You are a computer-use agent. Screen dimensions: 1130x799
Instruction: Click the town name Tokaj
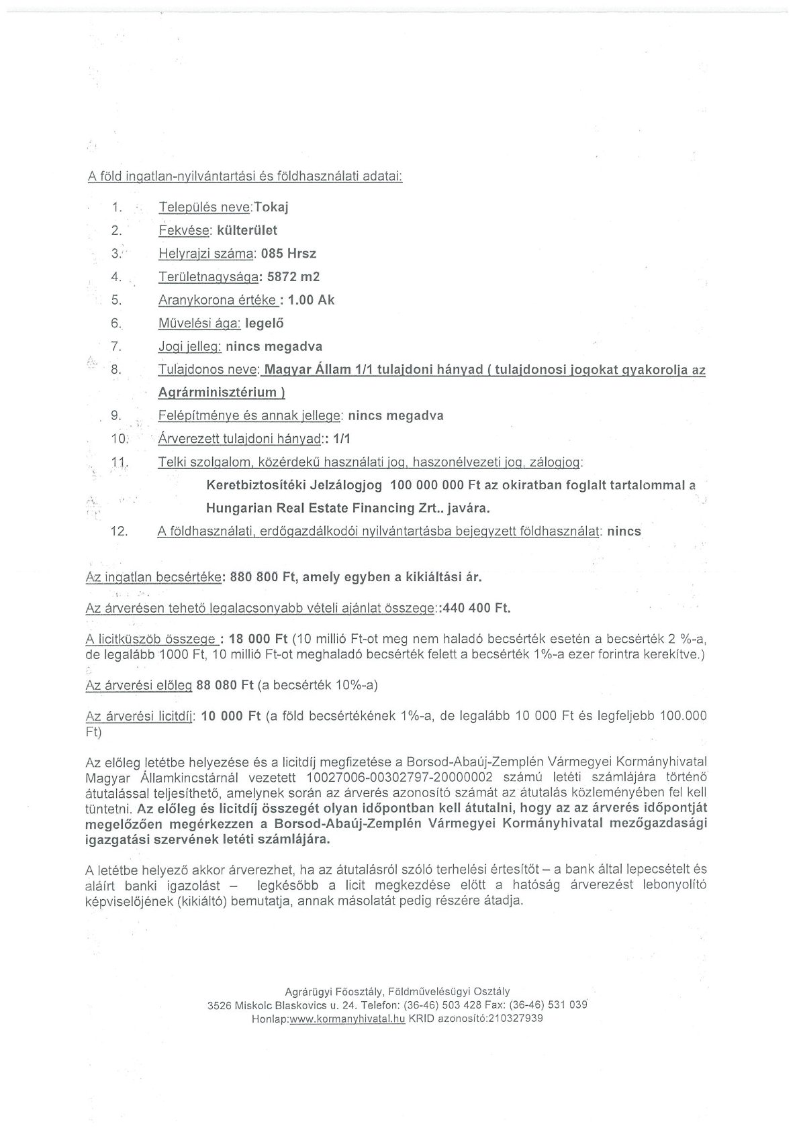(271, 207)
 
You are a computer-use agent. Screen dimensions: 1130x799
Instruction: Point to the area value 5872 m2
(293, 276)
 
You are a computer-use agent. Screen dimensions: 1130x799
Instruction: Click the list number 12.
(119, 531)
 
